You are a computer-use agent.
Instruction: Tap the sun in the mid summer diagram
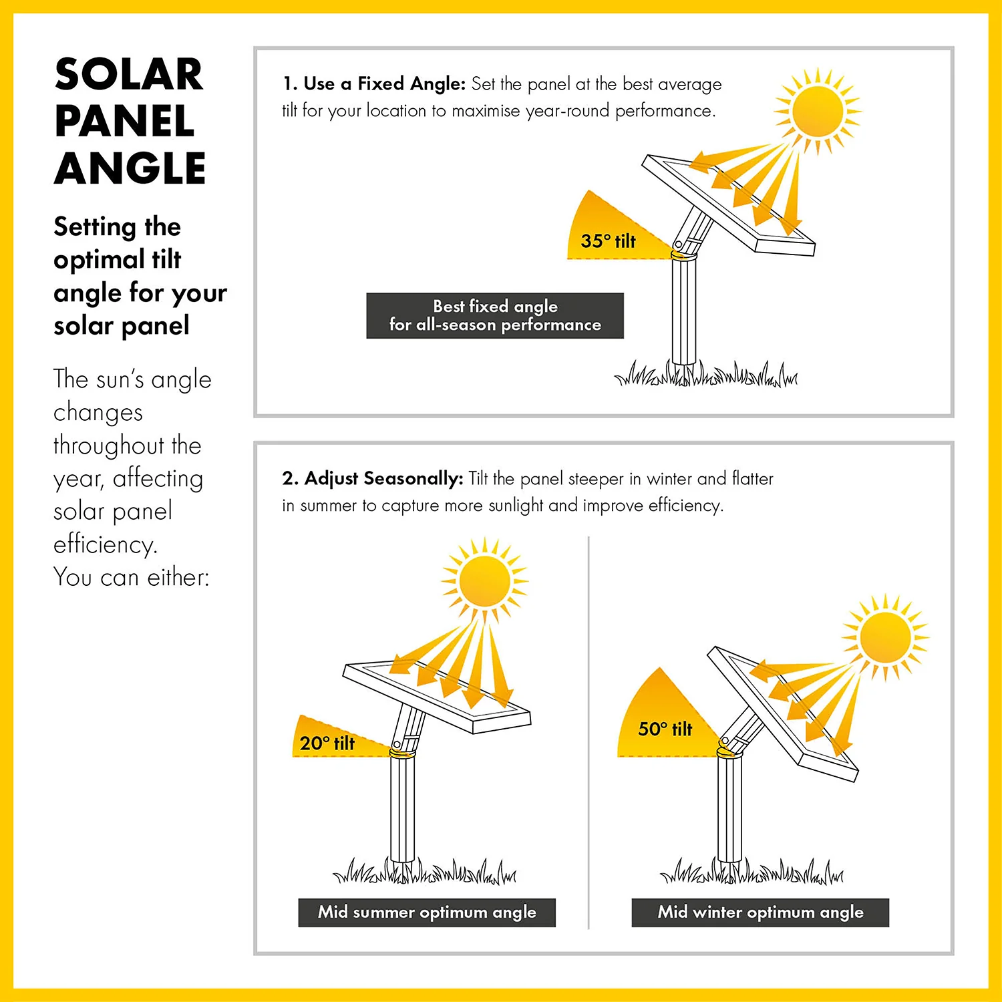point(485,580)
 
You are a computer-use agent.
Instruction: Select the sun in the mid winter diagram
point(886,637)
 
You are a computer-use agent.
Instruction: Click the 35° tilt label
point(608,241)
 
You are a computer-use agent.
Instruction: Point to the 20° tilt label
point(327,743)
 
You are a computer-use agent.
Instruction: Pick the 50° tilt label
point(665,729)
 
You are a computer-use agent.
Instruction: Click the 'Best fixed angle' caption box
point(495,315)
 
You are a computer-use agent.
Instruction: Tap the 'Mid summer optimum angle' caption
point(427,912)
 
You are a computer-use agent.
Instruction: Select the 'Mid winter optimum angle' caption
point(760,912)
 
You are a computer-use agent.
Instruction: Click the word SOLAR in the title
point(129,74)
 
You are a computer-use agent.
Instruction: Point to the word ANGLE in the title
point(130,168)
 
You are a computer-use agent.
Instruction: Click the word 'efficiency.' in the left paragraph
point(106,544)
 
